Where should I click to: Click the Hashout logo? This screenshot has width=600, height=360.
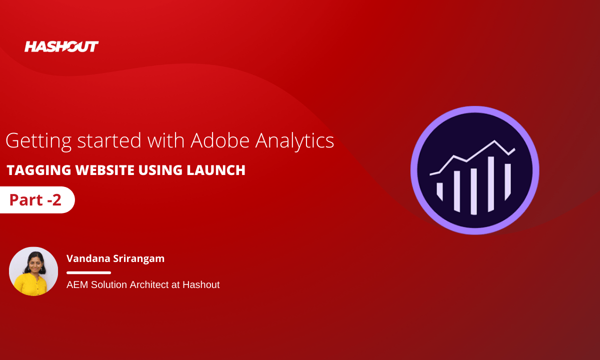[x=61, y=46]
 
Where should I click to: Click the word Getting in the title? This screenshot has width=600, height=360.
[x=38, y=141]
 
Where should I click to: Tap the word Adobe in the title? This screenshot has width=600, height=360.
[x=220, y=140]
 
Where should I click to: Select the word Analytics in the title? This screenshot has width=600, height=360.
[x=294, y=141]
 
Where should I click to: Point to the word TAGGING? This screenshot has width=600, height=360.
[x=39, y=170]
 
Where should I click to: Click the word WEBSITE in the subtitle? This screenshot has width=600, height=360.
[x=104, y=170]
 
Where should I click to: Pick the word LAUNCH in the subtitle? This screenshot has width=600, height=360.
[x=216, y=170]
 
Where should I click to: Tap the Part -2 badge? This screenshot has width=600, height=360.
[x=37, y=200]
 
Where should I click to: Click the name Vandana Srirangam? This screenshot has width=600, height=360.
[x=115, y=258]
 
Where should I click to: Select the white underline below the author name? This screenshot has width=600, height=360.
[x=88, y=272]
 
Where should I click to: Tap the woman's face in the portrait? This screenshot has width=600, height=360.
[x=34, y=264]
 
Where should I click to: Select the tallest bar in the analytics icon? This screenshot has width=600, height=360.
[x=490, y=184]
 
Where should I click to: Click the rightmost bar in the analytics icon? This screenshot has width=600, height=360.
[x=507, y=182]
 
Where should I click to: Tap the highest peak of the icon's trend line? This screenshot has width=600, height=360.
[x=494, y=141]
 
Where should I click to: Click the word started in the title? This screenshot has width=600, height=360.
[x=109, y=140]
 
